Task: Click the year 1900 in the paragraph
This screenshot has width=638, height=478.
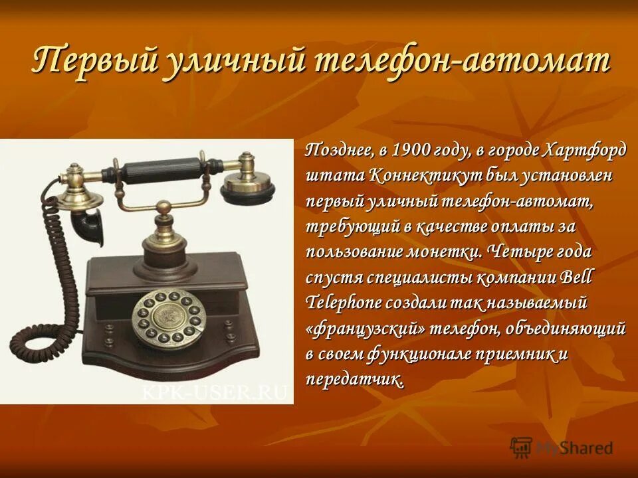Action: (x=412, y=151)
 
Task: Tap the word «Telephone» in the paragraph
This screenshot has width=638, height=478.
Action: (x=344, y=303)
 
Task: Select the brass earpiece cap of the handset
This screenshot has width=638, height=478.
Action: (x=247, y=183)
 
